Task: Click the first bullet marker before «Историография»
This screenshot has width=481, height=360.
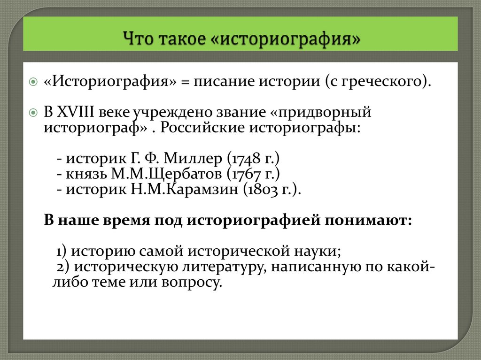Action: (x=33, y=82)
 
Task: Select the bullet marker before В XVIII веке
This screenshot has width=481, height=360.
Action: (x=33, y=113)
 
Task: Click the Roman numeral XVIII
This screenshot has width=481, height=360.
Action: (x=76, y=113)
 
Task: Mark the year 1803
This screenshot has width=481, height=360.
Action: (x=260, y=190)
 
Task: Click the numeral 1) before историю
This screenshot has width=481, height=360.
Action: (x=62, y=251)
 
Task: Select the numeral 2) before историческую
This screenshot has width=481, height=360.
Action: (x=62, y=267)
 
